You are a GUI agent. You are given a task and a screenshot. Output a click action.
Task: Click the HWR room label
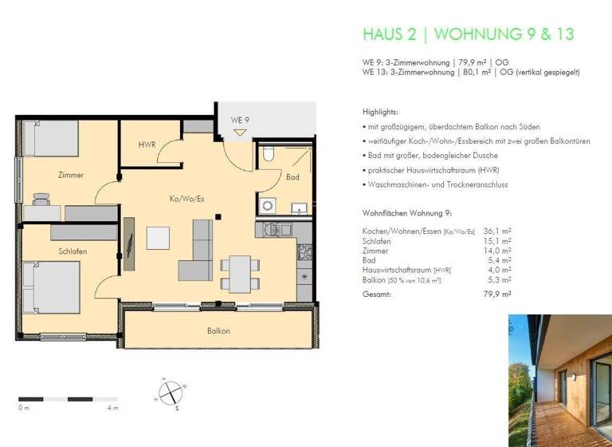(x=147, y=144)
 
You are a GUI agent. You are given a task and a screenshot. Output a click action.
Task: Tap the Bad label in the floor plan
(x=293, y=176)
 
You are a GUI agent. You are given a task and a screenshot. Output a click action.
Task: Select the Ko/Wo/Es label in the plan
(x=182, y=199)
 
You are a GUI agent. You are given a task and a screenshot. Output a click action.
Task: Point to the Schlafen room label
(x=73, y=251)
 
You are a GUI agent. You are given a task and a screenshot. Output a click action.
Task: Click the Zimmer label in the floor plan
(x=71, y=175)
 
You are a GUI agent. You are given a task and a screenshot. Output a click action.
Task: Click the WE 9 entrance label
(x=241, y=120)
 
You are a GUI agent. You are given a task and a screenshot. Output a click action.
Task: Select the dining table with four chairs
(x=237, y=271)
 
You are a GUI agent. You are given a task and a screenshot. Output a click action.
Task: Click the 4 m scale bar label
(x=112, y=409)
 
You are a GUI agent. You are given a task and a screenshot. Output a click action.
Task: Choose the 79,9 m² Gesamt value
(x=500, y=295)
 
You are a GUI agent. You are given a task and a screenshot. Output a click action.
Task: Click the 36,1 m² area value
(x=497, y=231)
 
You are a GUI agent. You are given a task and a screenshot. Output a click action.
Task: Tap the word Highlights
(x=380, y=112)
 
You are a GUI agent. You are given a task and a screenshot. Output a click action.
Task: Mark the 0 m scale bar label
(x=24, y=409)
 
